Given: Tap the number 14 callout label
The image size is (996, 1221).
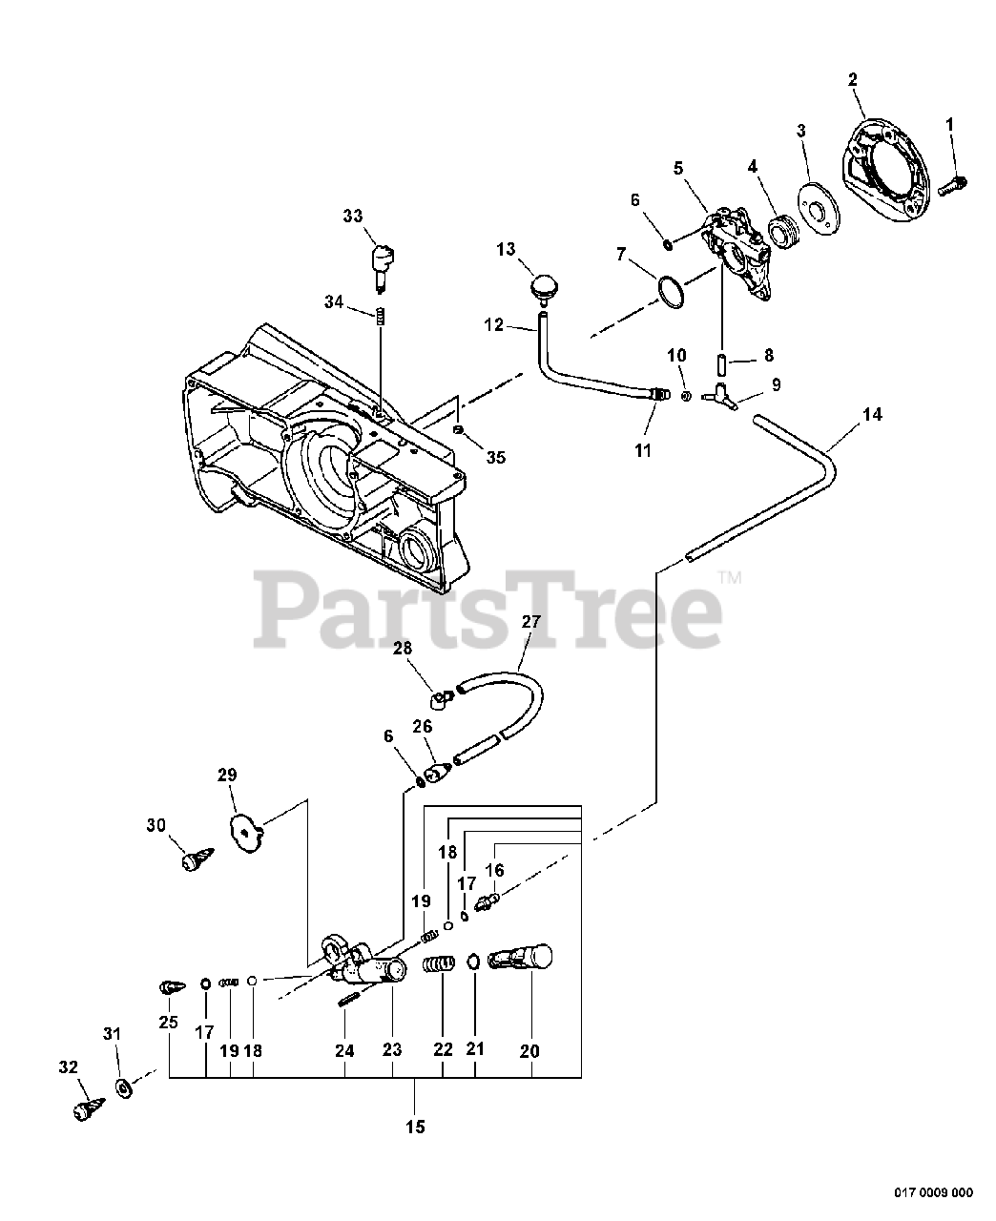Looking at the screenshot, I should [x=871, y=414].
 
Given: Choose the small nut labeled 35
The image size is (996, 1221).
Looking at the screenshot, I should [x=459, y=430].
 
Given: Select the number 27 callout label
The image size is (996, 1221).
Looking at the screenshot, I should [x=531, y=622].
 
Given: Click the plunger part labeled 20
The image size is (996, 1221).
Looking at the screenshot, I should [x=523, y=957].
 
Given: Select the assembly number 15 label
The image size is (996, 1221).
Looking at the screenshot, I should [x=415, y=1127].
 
